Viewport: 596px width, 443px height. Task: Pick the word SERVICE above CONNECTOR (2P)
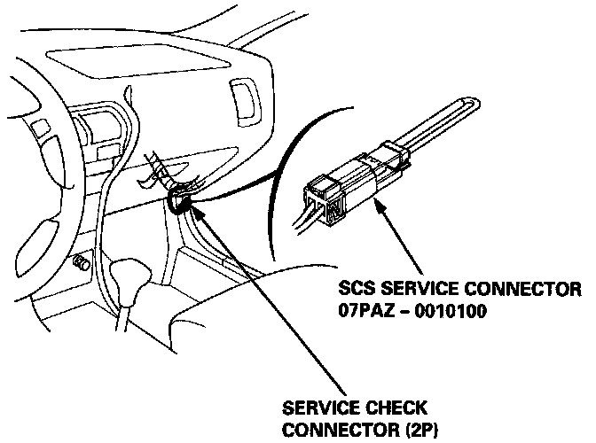click(317, 409)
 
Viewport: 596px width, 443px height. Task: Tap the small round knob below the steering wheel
click(82, 261)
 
